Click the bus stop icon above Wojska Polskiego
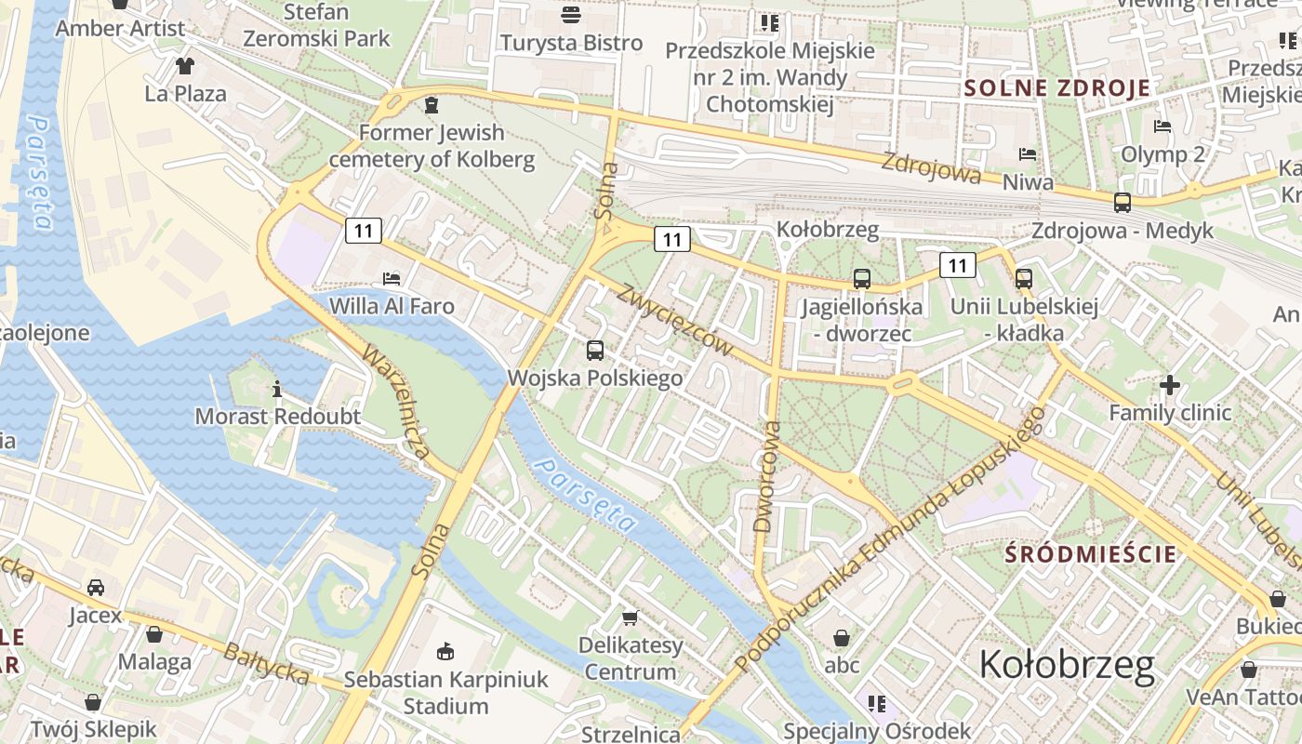pyautogui.click(x=595, y=351)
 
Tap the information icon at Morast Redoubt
pyautogui.click(x=276, y=389)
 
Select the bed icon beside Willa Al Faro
pyautogui.click(x=392, y=278)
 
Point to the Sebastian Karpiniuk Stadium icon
pyautogui.click(x=445, y=651)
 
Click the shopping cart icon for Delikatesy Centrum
pyautogui.click(x=631, y=618)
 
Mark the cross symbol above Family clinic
pyautogui.click(x=1170, y=384)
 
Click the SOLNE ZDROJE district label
pyautogui.click(x=1057, y=88)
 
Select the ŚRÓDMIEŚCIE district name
pyautogui.click(x=1091, y=554)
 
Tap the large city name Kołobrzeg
pyautogui.click(x=1067, y=665)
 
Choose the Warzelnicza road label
pyautogui.click(x=395, y=402)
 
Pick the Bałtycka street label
pyautogui.click(x=266, y=663)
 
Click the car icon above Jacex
pyautogui.click(x=96, y=588)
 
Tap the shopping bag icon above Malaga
pyautogui.click(x=154, y=634)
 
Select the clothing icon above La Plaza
pyautogui.click(x=185, y=66)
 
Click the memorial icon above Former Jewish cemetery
pyautogui.click(x=431, y=105)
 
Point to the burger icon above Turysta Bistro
pyautogui.click(x=571, y=15)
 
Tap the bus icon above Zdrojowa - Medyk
pyautogui.click(x=1123, y=202)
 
